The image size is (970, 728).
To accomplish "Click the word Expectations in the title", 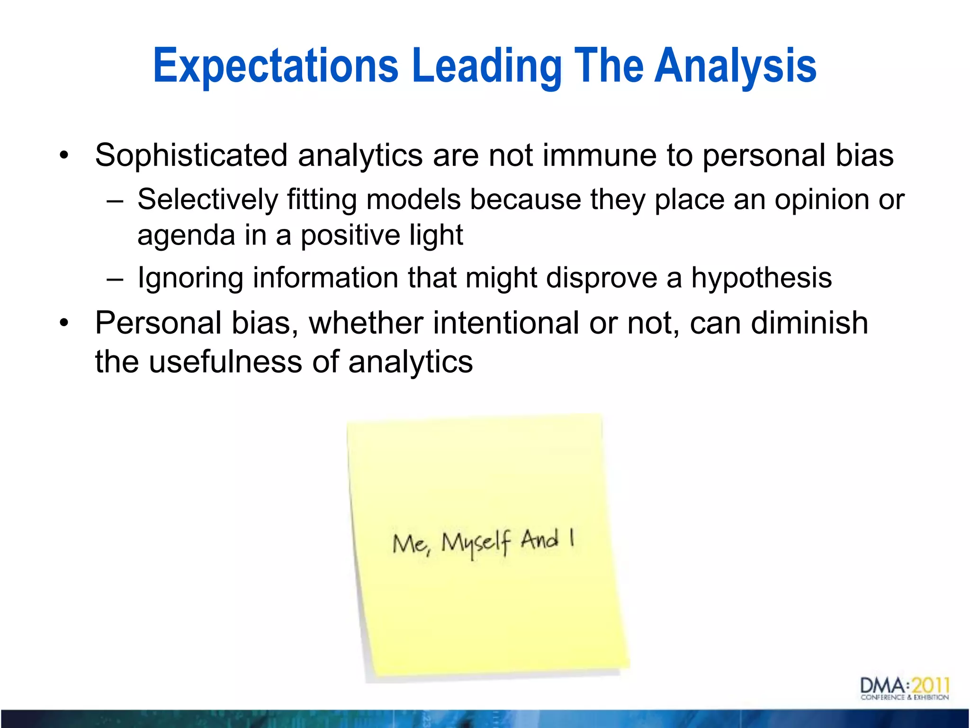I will click(x=275, y=66).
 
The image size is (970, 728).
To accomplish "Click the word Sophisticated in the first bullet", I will click(x=191, y=155).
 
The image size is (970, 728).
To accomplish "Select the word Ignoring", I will click(x=189, y=278).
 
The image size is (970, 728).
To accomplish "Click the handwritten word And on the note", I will click(x=539, y=539).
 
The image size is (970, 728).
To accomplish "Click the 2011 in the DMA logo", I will click(x=930, y=686).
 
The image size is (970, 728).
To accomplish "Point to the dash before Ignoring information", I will click(x=115, y=278).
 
